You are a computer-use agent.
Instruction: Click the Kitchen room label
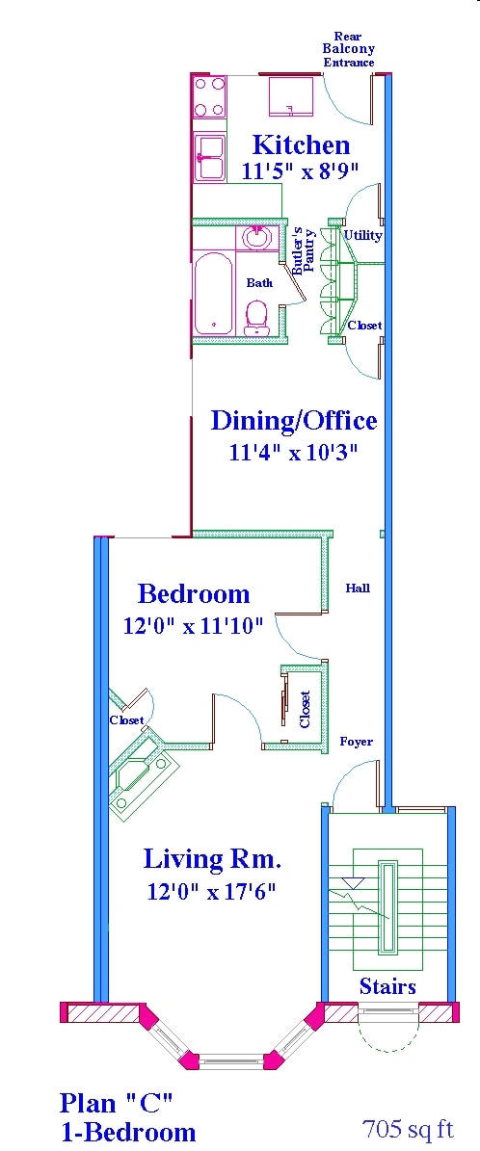[301, 145]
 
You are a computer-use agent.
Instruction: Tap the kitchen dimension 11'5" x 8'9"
[301, 171]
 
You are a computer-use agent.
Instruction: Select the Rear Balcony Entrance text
[348, 49]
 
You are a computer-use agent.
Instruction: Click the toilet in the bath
[256, 317]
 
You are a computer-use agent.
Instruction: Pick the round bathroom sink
[256, 236]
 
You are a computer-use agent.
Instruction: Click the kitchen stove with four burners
[209, 95]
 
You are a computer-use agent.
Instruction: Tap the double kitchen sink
[209, 157]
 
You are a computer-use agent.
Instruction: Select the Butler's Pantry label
[304, 250]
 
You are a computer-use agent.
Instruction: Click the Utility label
[362, 235]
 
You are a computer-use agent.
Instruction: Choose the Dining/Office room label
[294, 421]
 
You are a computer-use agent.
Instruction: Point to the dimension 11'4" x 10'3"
[294, 452]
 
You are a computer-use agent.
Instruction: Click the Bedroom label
[194, 593]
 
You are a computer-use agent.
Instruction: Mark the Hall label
[358, 588]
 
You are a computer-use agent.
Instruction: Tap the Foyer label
[356, 742]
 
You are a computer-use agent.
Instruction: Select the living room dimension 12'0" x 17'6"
[212, 891]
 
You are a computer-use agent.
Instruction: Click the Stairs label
[387, 986]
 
